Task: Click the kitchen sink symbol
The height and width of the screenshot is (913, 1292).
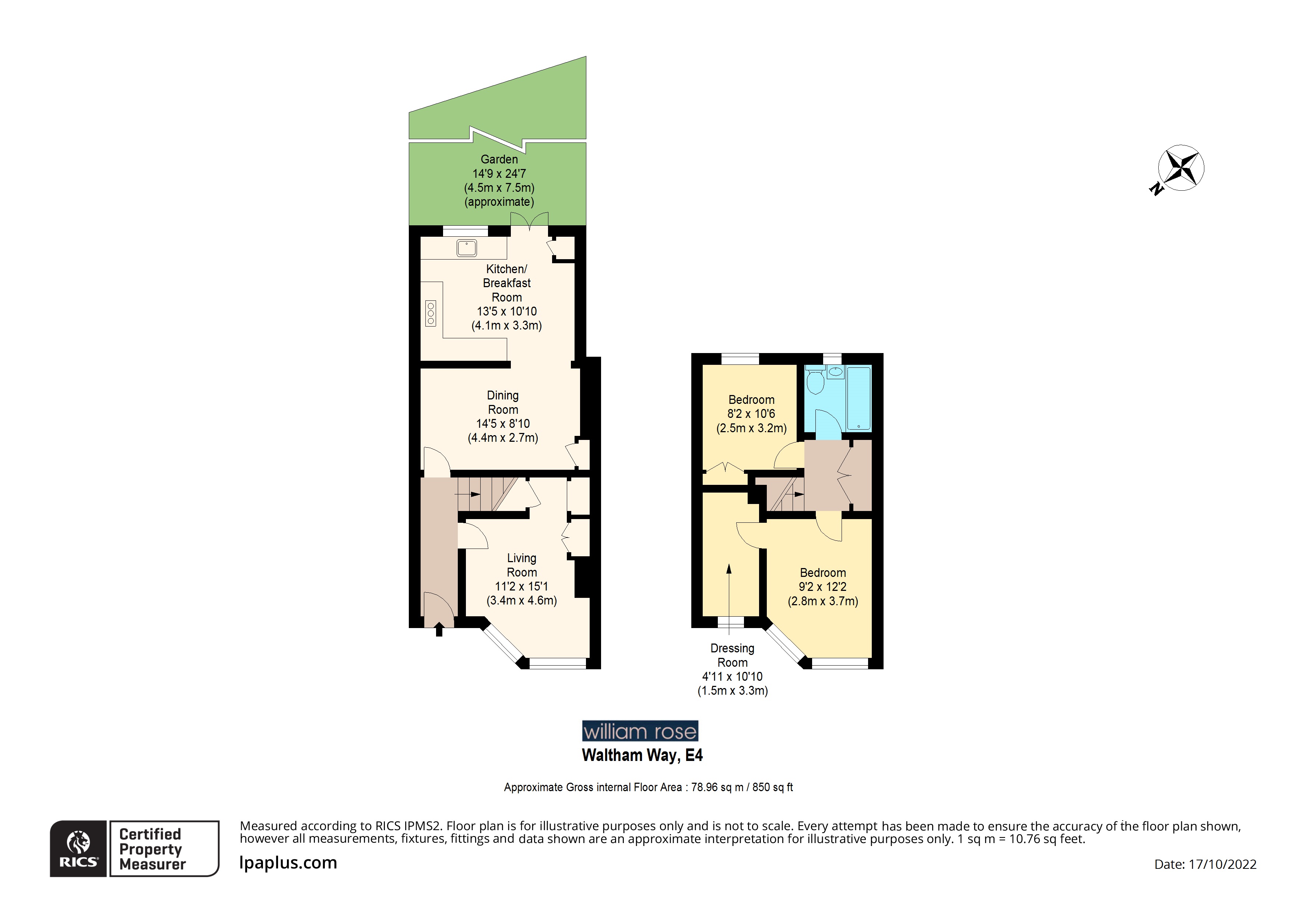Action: click(467, 247)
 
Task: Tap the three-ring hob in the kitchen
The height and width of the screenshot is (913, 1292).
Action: click(431, 313)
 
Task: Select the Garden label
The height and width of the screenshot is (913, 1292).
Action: click(499, 159)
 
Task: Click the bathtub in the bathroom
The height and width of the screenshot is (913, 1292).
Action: click(859, 397)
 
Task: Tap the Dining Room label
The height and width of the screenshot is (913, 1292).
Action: click(502, 402)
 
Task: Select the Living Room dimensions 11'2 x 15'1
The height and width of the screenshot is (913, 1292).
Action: click(521, 586)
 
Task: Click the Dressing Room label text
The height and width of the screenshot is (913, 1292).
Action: click(732, 655)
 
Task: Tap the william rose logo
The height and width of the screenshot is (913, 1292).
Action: click(640, 731)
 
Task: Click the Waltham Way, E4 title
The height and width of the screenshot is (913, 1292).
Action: click(642, 755)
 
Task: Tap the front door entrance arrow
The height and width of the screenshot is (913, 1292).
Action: click(439, 630)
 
